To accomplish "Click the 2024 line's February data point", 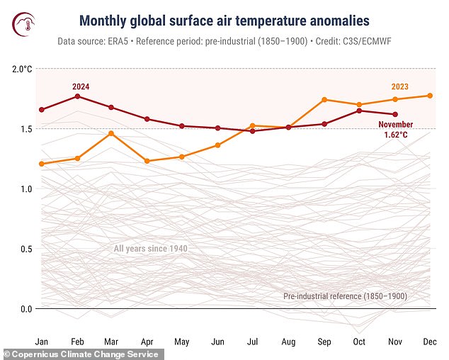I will (x=76, y=96).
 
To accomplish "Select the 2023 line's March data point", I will (x=111, y=133).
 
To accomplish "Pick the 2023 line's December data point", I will (x=430, y=96).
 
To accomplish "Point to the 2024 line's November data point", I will (x=394, y=114).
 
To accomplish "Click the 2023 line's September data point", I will (x=324, y=100).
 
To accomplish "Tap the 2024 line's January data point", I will (x=41, y=110).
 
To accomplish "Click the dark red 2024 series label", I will (x=81, y=86).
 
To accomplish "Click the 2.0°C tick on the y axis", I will (x=22, y=69).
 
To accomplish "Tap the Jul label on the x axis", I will (x=253, y=342).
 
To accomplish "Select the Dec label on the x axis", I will (x=429, y=342).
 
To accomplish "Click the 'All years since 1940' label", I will (x=150, y=249).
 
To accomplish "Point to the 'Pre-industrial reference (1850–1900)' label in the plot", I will (x=345, y=296).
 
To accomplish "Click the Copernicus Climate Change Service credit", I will (x=82, y=354).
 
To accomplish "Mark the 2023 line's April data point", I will (x=147, y=161).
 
